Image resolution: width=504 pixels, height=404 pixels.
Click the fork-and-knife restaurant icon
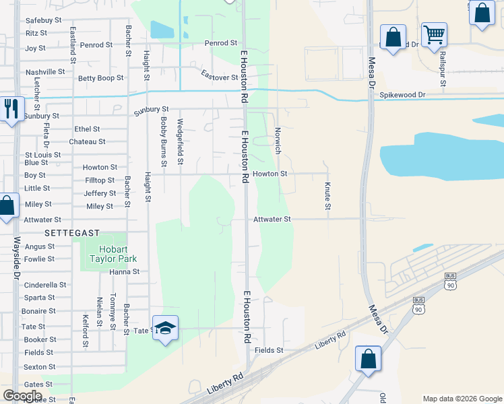point(11,108)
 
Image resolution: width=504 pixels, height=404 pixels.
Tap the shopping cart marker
point(434,34)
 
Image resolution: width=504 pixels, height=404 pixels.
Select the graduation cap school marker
point(165,328)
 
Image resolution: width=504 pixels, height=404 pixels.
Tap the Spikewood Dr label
point(402,95)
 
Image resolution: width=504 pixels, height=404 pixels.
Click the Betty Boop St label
point(101,78)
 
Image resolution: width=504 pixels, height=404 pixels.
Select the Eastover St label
point(220,77)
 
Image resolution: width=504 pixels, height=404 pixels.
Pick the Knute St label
point(327,195)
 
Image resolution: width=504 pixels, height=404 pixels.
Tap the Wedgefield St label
point(180,141)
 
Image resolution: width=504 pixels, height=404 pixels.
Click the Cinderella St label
point(45,285)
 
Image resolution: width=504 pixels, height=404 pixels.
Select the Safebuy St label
point(44,20)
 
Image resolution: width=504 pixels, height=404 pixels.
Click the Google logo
point(23,396)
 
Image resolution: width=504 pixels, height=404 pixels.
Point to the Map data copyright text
point(462,399)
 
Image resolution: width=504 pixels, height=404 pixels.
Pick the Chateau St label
point(88,142)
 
